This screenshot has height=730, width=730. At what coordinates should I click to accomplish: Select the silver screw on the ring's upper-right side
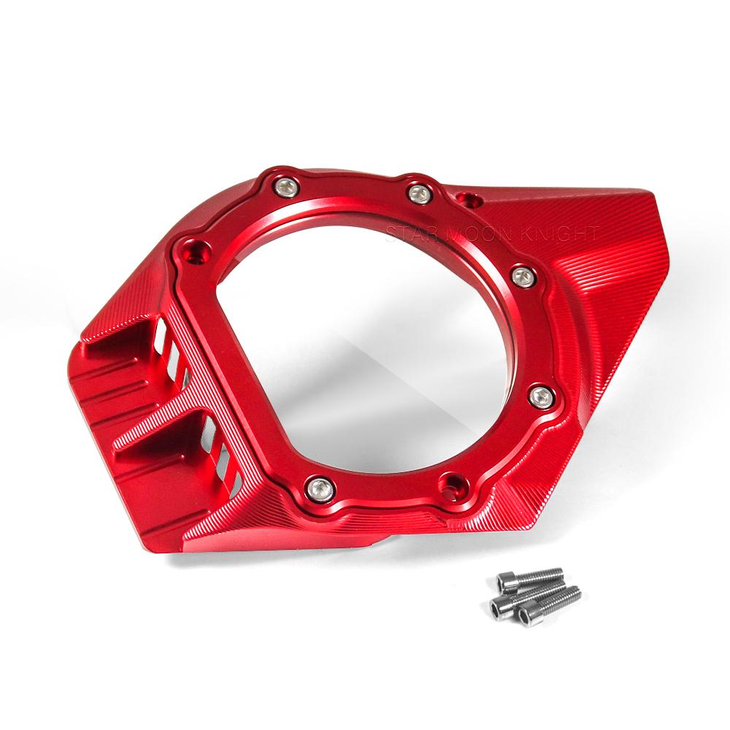click(523, 277)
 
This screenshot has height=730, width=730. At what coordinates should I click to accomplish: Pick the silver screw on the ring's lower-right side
click(542, 396)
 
